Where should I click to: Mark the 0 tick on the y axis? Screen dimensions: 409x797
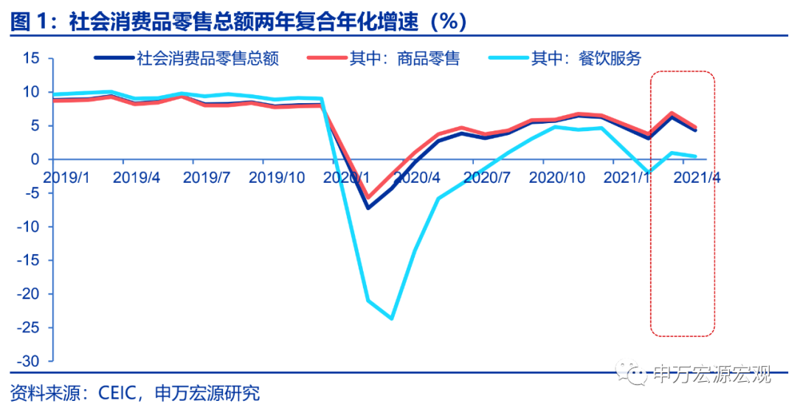[x=33, y=159]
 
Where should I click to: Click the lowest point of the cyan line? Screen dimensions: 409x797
[x=391, y=318]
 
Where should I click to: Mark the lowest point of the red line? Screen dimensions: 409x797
[x=368, y=198]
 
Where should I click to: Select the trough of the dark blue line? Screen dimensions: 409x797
[x=368, y=207]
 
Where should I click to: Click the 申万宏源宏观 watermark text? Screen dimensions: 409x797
[x=712, y=374]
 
